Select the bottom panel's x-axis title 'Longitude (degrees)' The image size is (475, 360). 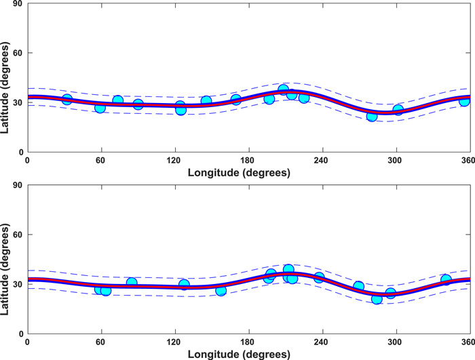click(248, 353)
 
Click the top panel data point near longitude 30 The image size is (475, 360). click(66, 100)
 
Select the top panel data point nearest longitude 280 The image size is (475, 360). click(372, 116)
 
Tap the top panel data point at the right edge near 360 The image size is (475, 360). click(464, 101)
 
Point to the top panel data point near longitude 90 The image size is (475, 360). click(138, 104)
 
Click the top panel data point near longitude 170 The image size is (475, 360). click(236, 100)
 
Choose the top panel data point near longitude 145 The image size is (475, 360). click(206, 101)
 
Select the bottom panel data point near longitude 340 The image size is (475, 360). click(446, 279)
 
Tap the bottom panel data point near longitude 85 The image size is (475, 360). click(132, 283)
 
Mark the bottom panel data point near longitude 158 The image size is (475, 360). click(221, 290)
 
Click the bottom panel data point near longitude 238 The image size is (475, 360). click(319, 277)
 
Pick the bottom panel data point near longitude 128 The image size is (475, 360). click(184, 285)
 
